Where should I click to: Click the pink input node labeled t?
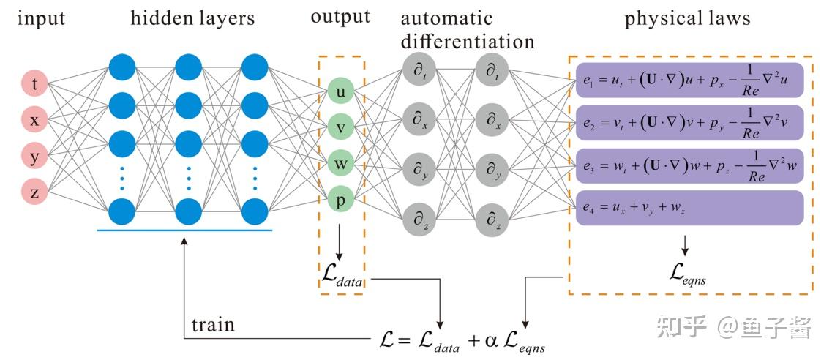point(34,85)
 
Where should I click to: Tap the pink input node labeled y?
point(34,156)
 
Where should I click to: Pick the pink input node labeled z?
point(34,192)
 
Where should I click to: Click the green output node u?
point(341,91)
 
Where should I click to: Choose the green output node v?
point(341,127)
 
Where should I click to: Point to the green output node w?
point(341,162)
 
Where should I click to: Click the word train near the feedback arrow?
point(213,324)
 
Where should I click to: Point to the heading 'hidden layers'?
point(192,18)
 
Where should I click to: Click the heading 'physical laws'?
point(687,18)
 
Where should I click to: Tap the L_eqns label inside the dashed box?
point(686,274)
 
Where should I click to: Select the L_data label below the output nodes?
point(342,274)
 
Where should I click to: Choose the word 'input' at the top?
point(41,18)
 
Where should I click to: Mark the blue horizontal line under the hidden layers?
point(184,230)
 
